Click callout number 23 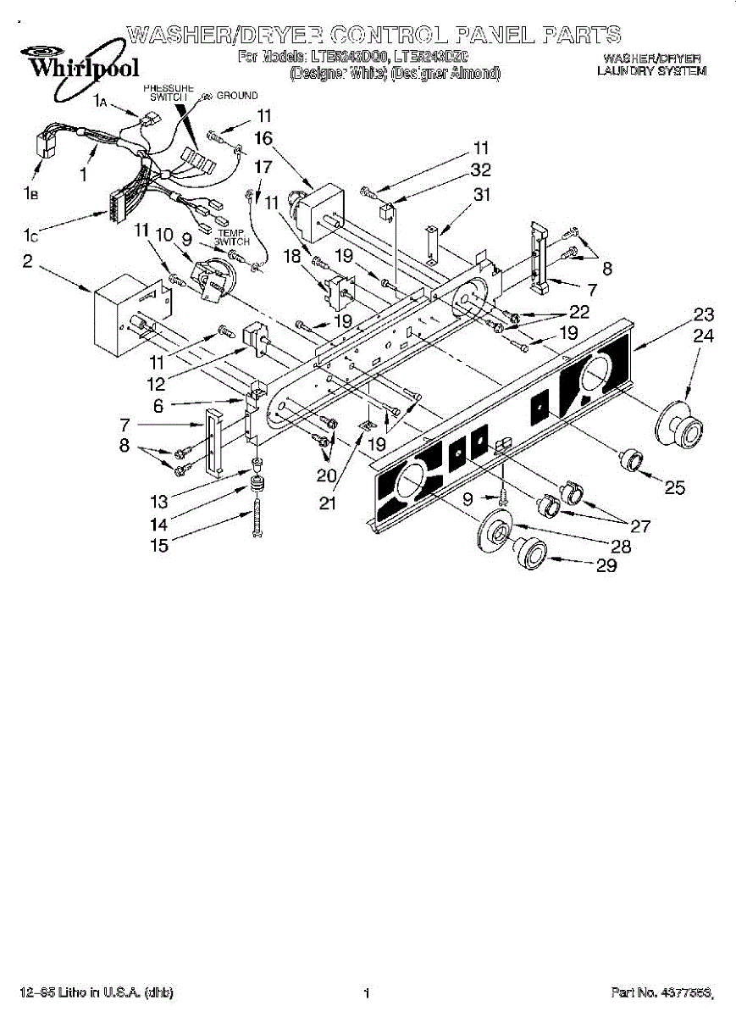coord(704,314)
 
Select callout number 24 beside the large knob coord(704,336)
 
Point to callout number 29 coord(606,566)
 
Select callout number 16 coord(263,137)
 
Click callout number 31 coord(482,194)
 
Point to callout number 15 coord(158,546)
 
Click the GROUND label coord(236,96)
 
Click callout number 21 coord(328,504)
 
